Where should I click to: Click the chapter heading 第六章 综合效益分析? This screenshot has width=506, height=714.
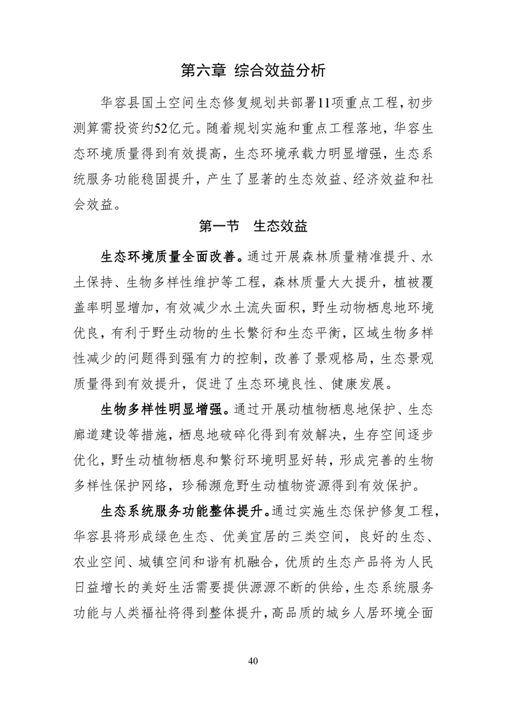[253, 71]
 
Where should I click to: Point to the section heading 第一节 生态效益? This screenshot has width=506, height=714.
[253, 225]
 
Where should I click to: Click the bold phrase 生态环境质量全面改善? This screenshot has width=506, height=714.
[168, 256]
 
